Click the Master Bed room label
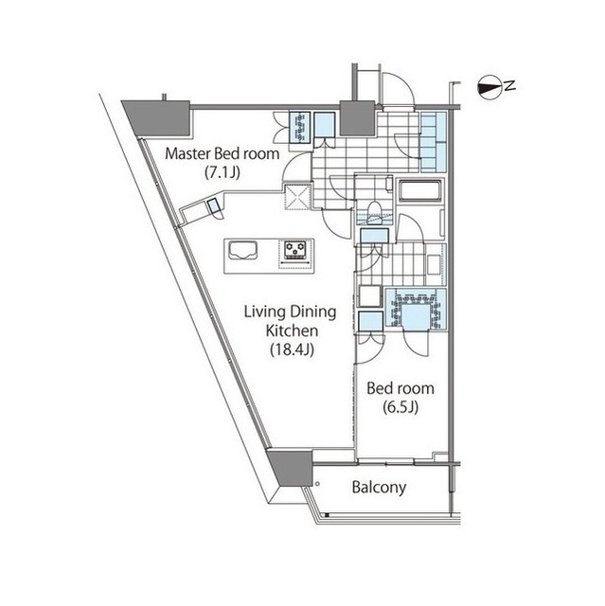click(x=222, y=153)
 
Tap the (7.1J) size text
click(x=222, y=172)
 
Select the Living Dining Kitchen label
click(x=291, y=321)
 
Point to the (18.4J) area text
click(x=292, y=349)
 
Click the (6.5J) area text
click(x=400, y=407)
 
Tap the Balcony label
click(x=379, y=488)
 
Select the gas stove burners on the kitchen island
click(x=295, y=250)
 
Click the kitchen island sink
click(x=243, y=250)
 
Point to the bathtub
click(x=419, y=190)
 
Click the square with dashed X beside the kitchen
click(x=297, y=197)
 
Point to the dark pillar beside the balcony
click(x=291, y=467)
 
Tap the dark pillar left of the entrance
click(x=357, y=118)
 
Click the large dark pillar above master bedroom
click(x=159, y=117)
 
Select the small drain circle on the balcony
click(x=317, y=484)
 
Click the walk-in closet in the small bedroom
click(x=416, y=310)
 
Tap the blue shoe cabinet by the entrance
click(x=434, y=142)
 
